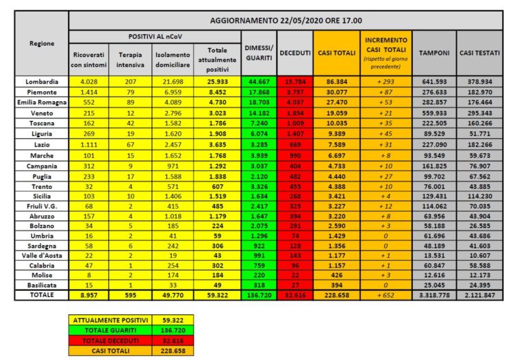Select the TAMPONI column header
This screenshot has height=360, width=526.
pyautogui.click(x=434, y=53)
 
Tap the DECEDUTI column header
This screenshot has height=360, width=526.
pyautogui.click(x=296, y=53)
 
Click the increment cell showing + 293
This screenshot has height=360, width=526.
pyautogui.click(x=387, y=81)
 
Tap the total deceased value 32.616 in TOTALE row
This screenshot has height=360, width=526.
pyautogui.click(x=296, y=295)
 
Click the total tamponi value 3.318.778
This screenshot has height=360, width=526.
pyautogui.click(x=434, y=295)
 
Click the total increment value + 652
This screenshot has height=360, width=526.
pyautogui.click(x=387, y=295)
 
